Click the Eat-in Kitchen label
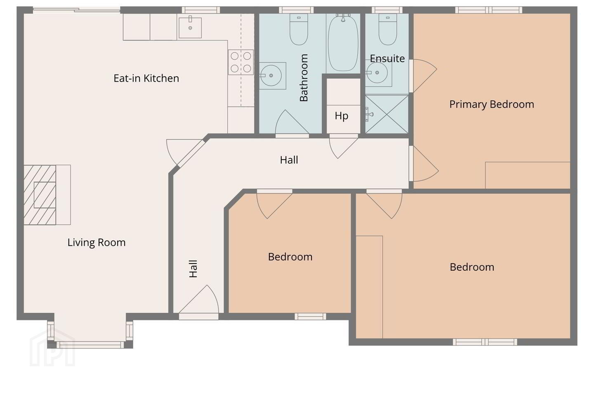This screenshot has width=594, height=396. [x=146, y=78]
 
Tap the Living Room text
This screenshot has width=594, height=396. [x=96, y=243]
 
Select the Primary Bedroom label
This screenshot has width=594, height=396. [x=492, y=104]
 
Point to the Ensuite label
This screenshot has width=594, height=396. [x=387, y=58]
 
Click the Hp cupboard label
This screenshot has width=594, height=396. [x=341, y=116]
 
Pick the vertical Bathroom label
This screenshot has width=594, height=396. [x=304, y=78]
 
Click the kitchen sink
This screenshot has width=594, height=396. [x=190, y=28]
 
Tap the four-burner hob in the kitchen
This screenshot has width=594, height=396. [x=241, y=62]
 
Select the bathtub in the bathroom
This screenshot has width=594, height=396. [x=343, y=43]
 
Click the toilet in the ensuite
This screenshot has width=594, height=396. [x=388, y=29]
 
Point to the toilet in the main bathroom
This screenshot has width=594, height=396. [x=299, y=29]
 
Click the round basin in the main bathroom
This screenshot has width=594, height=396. [x=271, y=75]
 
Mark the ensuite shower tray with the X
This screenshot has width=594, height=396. [x=387, y=114]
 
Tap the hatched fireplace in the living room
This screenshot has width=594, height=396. [x=40, y=195]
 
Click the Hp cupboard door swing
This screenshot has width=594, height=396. [x=344, y=147]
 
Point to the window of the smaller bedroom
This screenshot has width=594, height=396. [x=310, y=316]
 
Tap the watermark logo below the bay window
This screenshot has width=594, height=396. [x=52, y=349]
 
